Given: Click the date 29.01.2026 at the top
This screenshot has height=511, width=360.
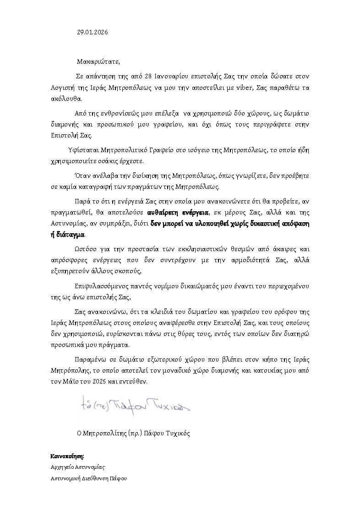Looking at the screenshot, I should coord(93,33).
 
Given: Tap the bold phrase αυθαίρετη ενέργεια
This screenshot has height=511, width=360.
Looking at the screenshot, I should coord(178,213).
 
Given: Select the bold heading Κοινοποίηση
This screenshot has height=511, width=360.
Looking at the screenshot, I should coord(67,456).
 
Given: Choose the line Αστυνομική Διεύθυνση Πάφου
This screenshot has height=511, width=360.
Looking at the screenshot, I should coord(89,479).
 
